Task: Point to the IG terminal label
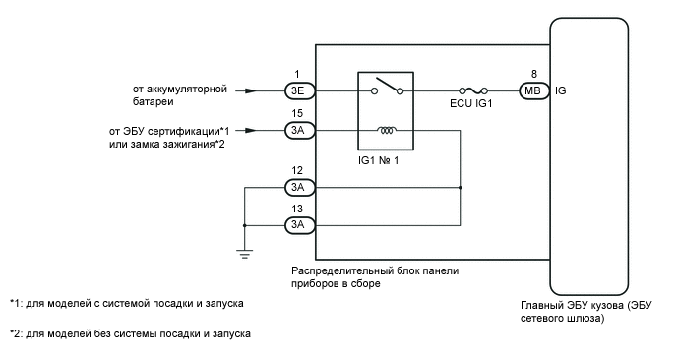click(x=561, y=90)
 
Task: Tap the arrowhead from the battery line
click(x=254, y=90)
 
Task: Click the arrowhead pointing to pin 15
click(x=254, y=130)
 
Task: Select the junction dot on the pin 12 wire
click(x=461, y=186)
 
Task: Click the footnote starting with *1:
click(x=126, y=303)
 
